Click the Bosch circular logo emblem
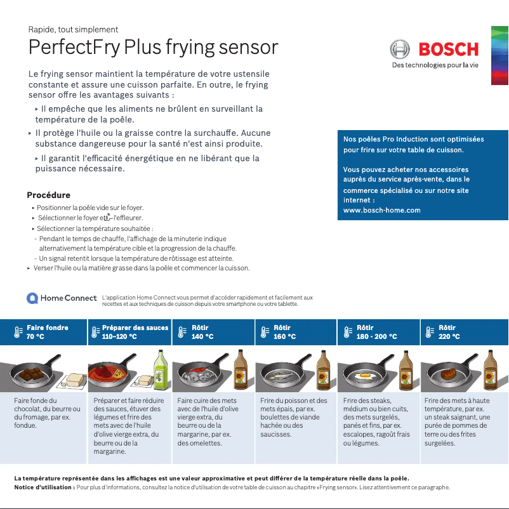click(x=400, y=50)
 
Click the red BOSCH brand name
click(x=448, y=50)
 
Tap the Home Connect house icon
click(x=32, y=298)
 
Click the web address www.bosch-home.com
click(x=381, y=210)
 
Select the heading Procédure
click(x=48, y=195)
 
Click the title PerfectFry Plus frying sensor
click(x=154, y=48)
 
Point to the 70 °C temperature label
click(x=36, y=336)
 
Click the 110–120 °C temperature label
click(x=119, y=336)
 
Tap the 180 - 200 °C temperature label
click(x=376, y=336)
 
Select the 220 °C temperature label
click(x=449, y=336)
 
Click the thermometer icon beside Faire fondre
click(x=18, y=332)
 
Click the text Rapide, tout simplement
click(x=73, y=29)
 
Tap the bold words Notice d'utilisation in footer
click(x=44, y=487)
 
